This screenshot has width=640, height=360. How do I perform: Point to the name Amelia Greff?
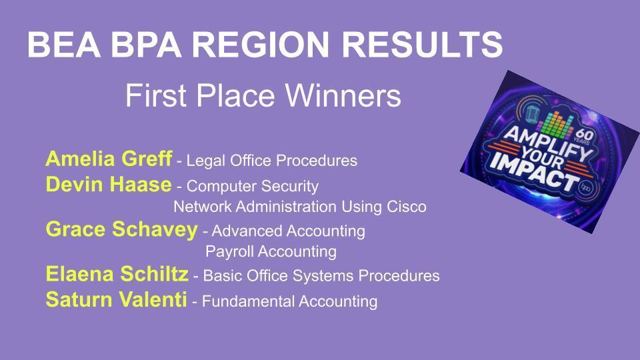pyautogui.click(x=109, y=159)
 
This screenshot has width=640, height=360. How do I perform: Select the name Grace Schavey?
pyautogui.click(x=121, y=229)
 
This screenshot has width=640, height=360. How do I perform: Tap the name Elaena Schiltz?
pyautogui.click(x=117, y=274)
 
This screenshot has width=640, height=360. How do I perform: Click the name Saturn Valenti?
pyautogui.click(x=116, y=299)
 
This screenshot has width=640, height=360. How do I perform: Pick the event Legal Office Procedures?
pyautogui.click(x=271, y=161)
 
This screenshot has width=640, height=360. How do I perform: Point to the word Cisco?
pyautogui.click(x=406, y=207)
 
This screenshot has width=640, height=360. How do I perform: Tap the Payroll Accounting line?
pyautogui.click(x=271, y=252)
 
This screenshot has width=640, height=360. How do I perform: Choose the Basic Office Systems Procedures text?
pyautogui.click(x=321, y=276)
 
